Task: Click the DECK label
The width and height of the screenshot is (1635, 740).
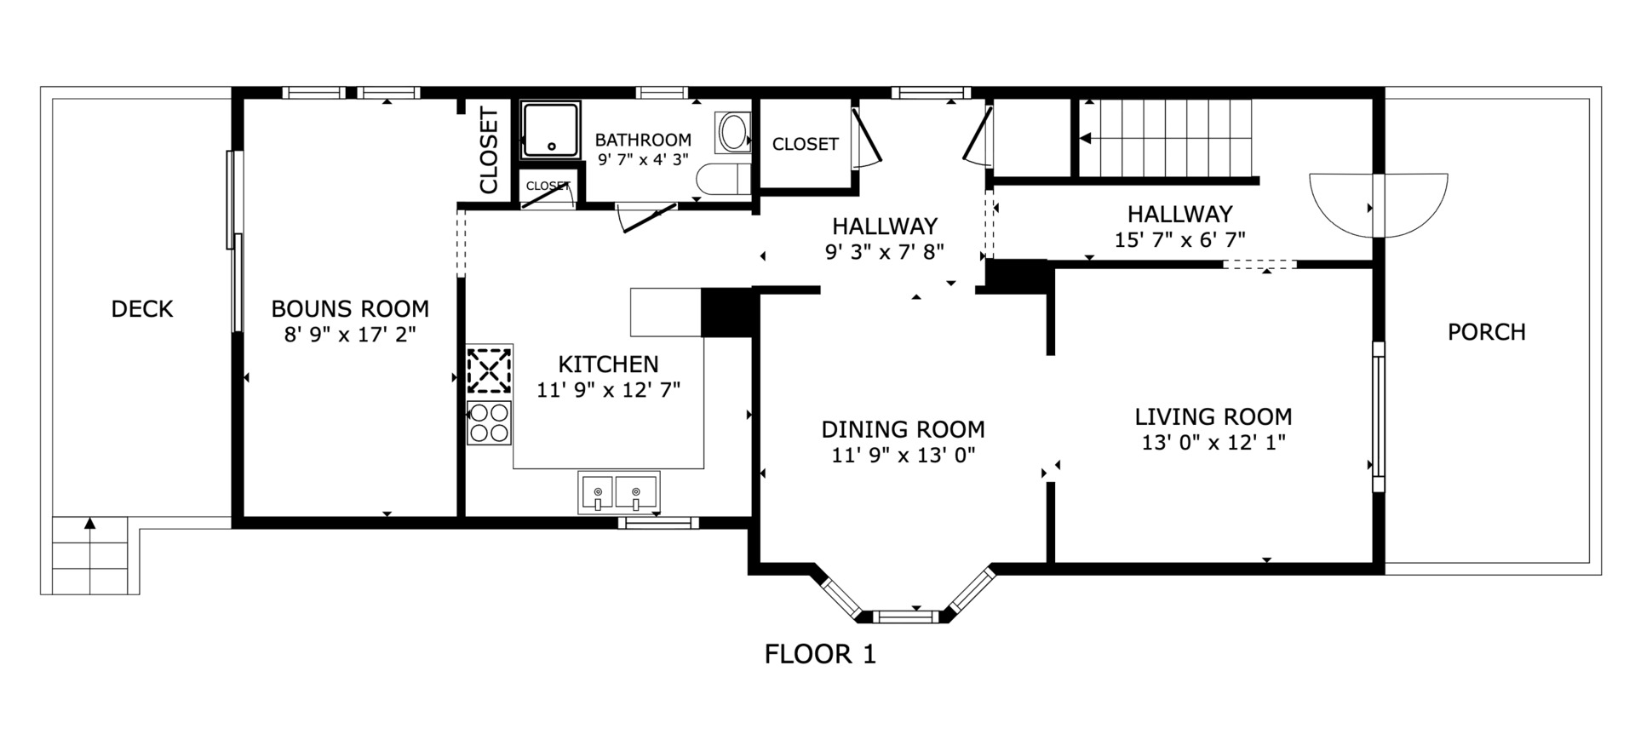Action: click(142, 309)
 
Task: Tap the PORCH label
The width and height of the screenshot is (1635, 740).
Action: click(1487, 332)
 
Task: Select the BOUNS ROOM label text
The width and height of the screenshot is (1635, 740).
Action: click(350, 308)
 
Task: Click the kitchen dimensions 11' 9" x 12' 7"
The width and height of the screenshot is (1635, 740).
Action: click(608, 391)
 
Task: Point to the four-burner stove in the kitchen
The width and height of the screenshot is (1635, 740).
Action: click(489, 422)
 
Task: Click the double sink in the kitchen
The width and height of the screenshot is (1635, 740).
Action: click(619, 492)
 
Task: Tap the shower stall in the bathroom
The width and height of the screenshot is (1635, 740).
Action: click(550, 129)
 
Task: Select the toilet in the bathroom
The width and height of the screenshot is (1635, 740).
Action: click(723, 179)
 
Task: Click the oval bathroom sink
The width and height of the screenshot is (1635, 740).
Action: click(733, 134)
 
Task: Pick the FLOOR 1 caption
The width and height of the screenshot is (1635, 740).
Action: click(820, 654)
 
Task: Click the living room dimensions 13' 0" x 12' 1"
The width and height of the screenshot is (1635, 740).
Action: click(1213, 443)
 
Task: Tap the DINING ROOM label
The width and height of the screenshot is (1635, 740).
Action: click(903, 429)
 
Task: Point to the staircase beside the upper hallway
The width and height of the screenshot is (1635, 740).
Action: click(1167, 138)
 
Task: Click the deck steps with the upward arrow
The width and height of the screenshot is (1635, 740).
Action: click(89, 554)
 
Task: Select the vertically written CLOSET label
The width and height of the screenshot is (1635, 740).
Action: click(489, 151)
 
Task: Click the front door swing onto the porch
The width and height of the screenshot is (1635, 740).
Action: click(1378, 205)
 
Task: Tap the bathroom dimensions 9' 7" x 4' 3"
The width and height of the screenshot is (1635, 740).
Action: click(642, 159)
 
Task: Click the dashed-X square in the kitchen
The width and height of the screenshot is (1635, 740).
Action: click(490, 370)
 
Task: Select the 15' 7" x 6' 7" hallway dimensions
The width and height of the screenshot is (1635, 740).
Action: click(1179, 240)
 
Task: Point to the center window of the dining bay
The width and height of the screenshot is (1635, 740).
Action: click(908, 616)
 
